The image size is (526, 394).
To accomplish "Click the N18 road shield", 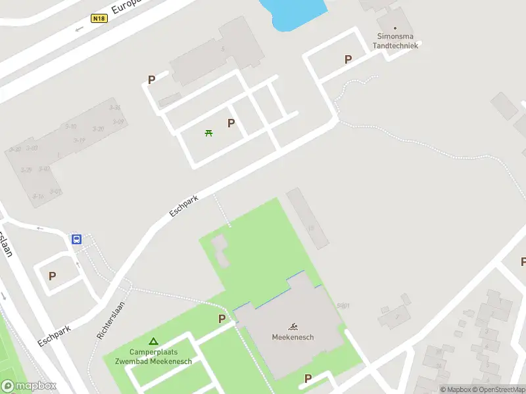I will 99,18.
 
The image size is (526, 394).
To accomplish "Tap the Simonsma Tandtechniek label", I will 396,41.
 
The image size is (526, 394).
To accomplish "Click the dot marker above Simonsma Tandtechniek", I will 395,28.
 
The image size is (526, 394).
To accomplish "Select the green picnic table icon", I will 209,133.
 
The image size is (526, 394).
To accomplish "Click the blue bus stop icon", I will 77,239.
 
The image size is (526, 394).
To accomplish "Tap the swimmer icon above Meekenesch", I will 293,326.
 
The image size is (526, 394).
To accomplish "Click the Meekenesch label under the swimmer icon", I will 293,338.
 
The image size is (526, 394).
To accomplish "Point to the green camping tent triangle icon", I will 153,341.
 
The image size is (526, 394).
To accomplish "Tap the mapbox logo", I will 29,385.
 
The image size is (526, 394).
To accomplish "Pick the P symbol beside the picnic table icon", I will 231,123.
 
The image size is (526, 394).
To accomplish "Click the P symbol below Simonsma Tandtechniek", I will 348,59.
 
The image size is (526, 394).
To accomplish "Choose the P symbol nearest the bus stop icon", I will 52,276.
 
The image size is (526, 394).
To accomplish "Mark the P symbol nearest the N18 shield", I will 151,79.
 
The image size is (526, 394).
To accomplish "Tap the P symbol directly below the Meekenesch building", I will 307,378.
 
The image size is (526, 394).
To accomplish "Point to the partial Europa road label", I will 126,6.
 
